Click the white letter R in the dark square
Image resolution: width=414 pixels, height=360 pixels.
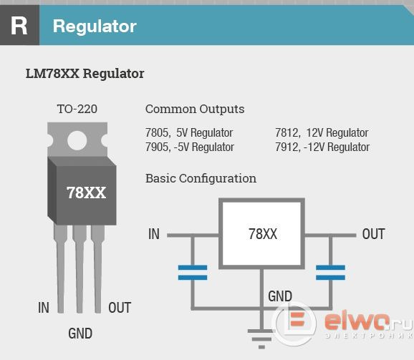point(19,26)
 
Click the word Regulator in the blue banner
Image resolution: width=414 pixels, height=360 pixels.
point(95,26)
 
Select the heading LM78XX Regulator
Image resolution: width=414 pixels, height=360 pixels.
point(85,74)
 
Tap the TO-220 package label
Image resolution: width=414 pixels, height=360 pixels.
point(77,109)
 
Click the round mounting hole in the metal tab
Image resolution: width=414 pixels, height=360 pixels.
point(77,140)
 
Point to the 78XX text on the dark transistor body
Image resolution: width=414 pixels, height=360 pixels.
point(86,193)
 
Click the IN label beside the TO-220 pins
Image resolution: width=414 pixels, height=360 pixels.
point(44,308)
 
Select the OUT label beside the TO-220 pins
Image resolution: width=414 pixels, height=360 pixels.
point(120,308)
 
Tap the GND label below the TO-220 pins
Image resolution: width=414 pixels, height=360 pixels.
point(80,334)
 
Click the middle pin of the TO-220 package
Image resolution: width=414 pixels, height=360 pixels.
point(80,269)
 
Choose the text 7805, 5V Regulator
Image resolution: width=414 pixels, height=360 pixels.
point(189,132)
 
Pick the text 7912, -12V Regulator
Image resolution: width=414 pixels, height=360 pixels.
point(322,147)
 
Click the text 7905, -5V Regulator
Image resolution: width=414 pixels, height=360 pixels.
point(190,147)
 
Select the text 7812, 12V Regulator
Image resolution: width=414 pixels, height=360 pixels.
point(322,132)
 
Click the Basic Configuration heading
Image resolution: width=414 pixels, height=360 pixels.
point(201,178)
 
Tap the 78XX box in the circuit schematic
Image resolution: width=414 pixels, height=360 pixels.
point(261,233)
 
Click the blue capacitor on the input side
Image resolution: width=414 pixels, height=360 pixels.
point(193,273)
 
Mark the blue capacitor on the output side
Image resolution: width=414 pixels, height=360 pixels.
point(331,273)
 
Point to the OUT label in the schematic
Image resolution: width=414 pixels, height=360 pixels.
point(374,234)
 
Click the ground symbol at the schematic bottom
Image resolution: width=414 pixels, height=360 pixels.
point(261,339)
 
